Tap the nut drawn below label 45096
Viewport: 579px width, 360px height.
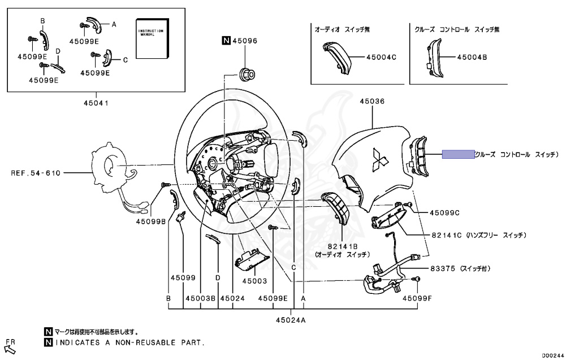[x=247, y=73]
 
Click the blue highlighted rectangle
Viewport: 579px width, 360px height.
[x=458, y=154]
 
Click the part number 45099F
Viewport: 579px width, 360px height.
[x=417, y=297]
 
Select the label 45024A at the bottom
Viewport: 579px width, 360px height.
[x=291, y=320]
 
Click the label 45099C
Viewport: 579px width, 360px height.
[x=444, y=213]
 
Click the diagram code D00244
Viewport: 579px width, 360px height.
[x=552, y=355]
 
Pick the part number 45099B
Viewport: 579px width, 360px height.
[x=150, y=222]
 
